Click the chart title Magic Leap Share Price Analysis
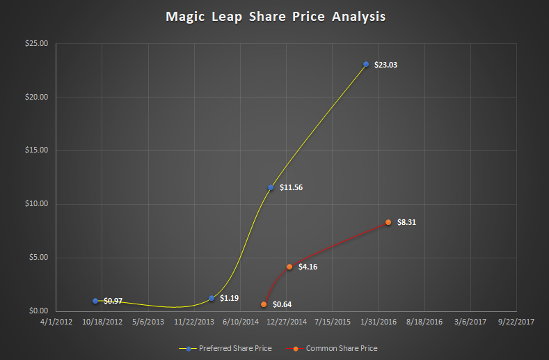(x=275, y=15)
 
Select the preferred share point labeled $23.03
(x=366, y=64)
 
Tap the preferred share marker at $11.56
(x=271, y=187)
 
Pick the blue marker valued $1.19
(x=212, y=298)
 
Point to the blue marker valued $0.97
(x=95, y=301)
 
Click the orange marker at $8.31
(x=388, y=222)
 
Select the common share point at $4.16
(x=289, y=267)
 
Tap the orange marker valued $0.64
(x=264, y=304)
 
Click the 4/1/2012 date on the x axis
(x=55, y=322)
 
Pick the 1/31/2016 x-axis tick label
(x=378, y=322)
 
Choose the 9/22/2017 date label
(x=516, y=322)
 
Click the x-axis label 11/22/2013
(x=193, y=322)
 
